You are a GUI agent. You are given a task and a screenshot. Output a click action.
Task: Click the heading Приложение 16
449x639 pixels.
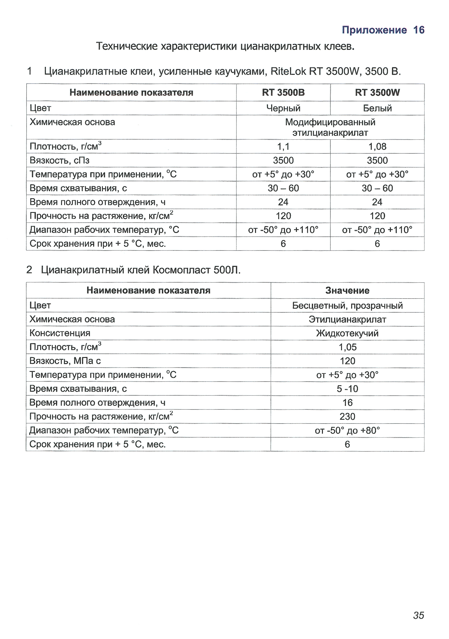(x=383, y=30)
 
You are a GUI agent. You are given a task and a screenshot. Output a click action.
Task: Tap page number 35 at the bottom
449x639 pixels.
(x=418, y=615)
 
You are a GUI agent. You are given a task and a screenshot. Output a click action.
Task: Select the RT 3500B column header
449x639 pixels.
(x=283, y=92)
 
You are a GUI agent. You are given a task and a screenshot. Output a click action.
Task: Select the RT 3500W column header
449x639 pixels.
(x=377, y=92)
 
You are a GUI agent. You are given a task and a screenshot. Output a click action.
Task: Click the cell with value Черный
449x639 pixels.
(x=283, y=108)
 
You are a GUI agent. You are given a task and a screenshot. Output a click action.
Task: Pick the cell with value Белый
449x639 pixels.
(x=377, y=108)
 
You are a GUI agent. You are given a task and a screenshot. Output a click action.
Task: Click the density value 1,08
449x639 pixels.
(x=377, y=146)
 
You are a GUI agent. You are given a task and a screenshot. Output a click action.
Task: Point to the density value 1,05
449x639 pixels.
(x=347, y=347)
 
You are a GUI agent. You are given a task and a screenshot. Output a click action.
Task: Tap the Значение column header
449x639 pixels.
(x=347, y=290)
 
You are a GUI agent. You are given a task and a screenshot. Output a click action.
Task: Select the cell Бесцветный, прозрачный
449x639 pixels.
(x=347, y=306)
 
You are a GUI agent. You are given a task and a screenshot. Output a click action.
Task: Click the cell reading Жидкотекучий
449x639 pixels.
(x=347, y=333)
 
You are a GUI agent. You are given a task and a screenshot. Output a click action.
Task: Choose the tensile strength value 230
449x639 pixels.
(x=347, y=416)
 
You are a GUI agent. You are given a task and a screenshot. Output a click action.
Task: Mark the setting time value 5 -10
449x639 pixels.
(x=347, y=388)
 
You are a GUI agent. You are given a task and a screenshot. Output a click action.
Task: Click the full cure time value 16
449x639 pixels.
(x=347, y=403)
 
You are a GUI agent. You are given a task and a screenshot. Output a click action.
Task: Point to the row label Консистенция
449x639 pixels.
(x=60, y=333)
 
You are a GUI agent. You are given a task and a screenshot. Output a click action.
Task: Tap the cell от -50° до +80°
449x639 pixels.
(x=347, y=430)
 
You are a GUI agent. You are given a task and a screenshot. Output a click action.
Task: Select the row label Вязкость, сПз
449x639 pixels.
(x=59, y=160)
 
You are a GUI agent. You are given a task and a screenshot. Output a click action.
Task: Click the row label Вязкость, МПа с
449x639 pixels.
(x=65, y=361)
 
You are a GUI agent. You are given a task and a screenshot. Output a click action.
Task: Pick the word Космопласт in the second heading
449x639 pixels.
(x=182, y=270)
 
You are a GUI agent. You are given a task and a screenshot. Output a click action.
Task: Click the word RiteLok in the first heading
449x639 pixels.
(x=288, y=72)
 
